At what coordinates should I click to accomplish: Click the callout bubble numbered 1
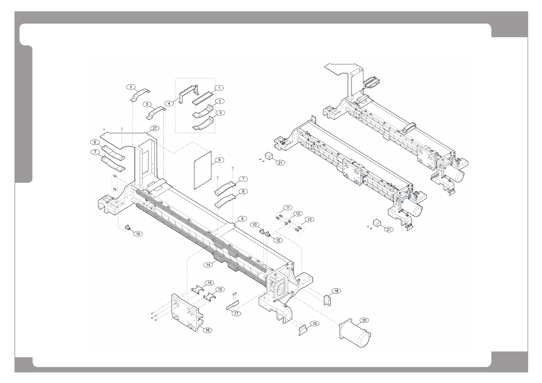tap(219, 88)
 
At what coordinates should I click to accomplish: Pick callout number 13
tap(309, 220)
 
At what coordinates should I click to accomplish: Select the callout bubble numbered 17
tap(237, 313)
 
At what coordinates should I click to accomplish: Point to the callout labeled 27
tap(155, 128)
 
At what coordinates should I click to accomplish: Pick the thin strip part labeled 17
tap(233, 304)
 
